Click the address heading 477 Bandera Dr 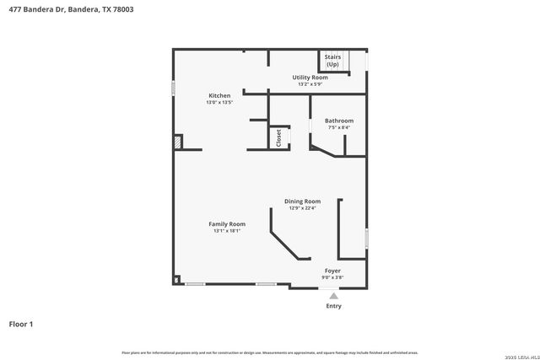pos(71,9)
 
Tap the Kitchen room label pos(219,96)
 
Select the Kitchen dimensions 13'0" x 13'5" pos(219,103)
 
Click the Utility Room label pos(310,78)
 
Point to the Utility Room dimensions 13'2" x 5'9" pos(310,84)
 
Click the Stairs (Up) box pos(332,62)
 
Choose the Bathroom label pos(339,121)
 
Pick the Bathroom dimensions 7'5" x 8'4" pos(339,128)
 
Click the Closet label pos(278,137)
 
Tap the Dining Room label pos(302,201)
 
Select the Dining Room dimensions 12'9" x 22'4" pos(302,208)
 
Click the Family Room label pos(227,223)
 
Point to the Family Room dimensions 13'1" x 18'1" pos(227,231)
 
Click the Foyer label pos(332,271)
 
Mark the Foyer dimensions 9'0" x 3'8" pos(332,277)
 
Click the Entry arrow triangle pos(334,296)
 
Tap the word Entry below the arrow pos(334,306)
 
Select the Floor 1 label pos(20,324)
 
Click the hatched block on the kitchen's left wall pos(177,142)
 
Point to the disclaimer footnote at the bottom pos(270,352)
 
